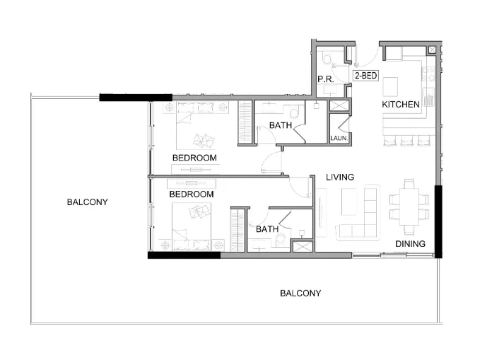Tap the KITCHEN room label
pos(401,105)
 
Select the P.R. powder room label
pos(325,80)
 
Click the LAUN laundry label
pos(338,139)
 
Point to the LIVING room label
pos(339,177)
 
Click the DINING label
pos(410,244)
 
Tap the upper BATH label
pos(281,126)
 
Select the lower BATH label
pos(266,229)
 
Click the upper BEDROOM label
pos(194,158)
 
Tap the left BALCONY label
pos(87,202)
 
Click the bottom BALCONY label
pos(300,293)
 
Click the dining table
pos(409,206)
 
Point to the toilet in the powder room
pos(327,59)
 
